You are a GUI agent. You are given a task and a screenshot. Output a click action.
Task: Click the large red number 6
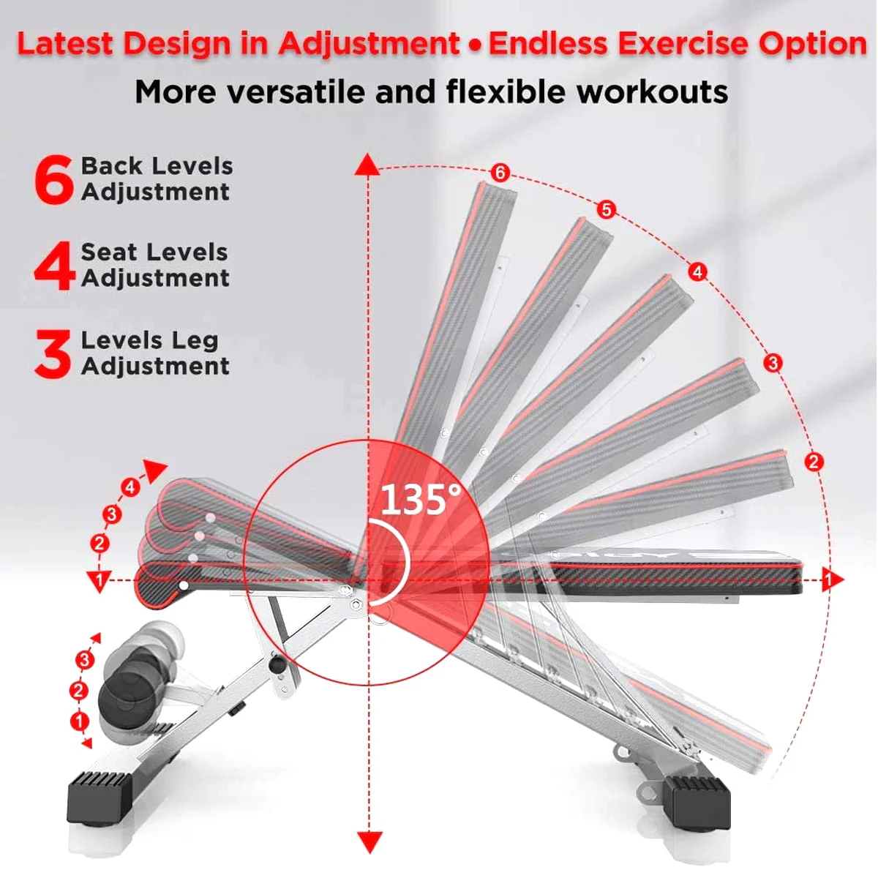pyautogui.click(x=53, y=179)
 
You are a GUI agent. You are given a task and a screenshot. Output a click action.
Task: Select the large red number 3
pyautogui.click(x=53, y=354)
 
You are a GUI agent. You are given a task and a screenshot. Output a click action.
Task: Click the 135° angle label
pyautogui.click(x=421, y=500)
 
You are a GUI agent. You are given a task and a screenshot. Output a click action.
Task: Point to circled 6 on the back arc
pyautogui.click(x=500, y=173)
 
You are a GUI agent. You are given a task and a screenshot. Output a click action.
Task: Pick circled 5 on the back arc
pyautogui.click(x=606, y=209)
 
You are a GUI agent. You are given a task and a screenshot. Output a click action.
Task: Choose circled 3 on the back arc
pyautogui.click(x=773, y=363)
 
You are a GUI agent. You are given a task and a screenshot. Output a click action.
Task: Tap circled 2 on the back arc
pyautogui.click(x=814, y=462)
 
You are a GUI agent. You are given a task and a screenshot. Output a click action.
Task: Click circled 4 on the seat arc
pyautogui.click(x=130, y=488)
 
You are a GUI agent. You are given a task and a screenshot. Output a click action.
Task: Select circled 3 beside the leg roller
pyautogui.click(x=84, y=659)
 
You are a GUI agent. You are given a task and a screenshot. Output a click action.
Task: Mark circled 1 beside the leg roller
pyautogui.click(x=79, y=721)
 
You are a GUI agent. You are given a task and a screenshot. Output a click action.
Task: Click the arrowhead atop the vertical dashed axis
pyautogui.click(x=367, y=164)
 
